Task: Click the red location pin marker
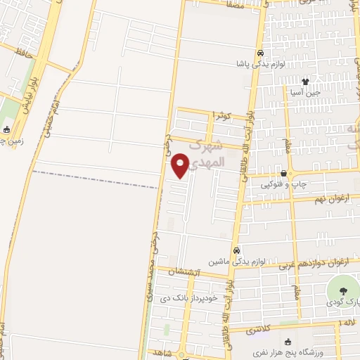pyautogui.click(x=181, y=166)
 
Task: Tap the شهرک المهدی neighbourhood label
pyautogui.click(x=208, y=153)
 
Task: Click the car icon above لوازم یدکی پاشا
pyautogui.click(x=260, y=53)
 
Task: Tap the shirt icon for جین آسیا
pyautogui.click(x=304, y=82)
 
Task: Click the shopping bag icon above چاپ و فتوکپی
pyautogui.click(x=283, y=174)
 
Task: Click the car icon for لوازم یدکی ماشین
pyautogui.click(x=236, y=250)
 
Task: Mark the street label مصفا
pyautogui.click(x=235, y=4)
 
